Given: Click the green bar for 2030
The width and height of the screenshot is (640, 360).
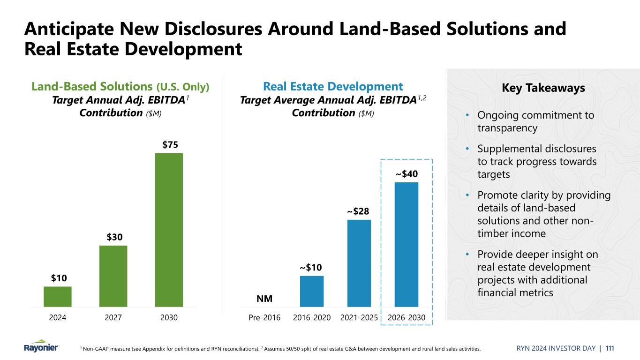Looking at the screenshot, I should tap(169, 230).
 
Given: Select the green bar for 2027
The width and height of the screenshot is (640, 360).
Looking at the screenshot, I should tap(113, 276).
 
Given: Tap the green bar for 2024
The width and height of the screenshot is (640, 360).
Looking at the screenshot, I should tap(58, 296).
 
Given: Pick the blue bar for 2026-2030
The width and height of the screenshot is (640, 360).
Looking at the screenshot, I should tap(406, 244).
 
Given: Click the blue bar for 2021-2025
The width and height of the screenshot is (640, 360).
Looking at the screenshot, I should tap(359, 263).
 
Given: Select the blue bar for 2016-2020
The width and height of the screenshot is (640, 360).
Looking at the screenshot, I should tap(312, 291).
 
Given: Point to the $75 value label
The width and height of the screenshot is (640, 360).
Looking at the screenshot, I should tap(170, 145).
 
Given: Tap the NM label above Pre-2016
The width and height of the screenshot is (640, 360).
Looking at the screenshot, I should tap(264, 299).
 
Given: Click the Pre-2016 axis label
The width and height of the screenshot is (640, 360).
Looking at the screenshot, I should tap(264, 318).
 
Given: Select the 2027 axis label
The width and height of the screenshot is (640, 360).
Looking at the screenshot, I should tap(113, 318).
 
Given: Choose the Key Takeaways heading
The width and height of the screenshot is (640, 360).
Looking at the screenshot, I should tap(543, 88).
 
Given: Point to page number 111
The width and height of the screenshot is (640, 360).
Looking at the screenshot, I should tap(610, 348).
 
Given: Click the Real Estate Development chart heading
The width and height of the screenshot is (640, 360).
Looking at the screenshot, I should tap(333, 86).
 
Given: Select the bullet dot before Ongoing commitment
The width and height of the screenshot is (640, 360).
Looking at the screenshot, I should tap(467, 115).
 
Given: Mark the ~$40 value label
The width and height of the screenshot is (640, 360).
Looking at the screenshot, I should tap(406, 174).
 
